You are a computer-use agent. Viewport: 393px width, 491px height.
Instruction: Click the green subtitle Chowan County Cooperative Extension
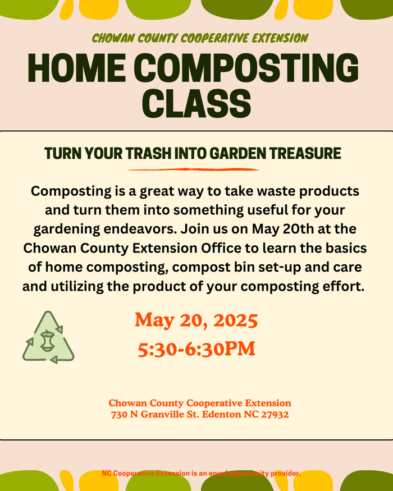click(200, 38)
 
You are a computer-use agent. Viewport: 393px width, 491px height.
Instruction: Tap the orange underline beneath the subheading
click(194, 169)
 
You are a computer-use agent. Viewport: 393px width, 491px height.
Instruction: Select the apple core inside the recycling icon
click(48, 340)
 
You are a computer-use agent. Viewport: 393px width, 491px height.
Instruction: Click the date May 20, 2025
click(196, 320)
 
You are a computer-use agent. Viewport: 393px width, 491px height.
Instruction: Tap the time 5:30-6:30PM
click(196, 349)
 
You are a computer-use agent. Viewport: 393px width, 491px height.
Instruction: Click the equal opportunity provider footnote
click(201, 474)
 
